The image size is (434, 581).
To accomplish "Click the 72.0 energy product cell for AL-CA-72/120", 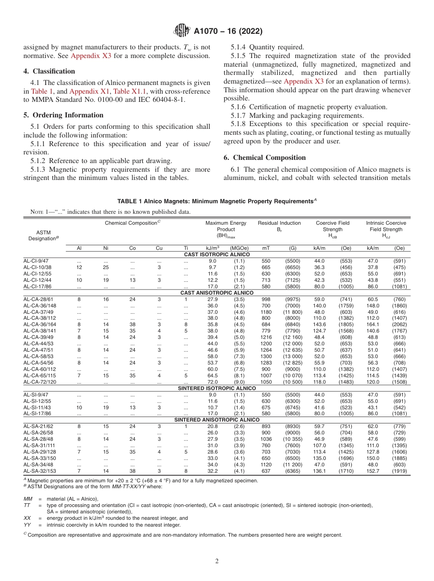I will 212,381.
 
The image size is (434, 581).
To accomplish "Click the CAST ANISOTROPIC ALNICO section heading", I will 217,292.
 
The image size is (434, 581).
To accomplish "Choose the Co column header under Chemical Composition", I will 132,248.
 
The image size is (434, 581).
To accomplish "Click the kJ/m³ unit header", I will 212,248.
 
